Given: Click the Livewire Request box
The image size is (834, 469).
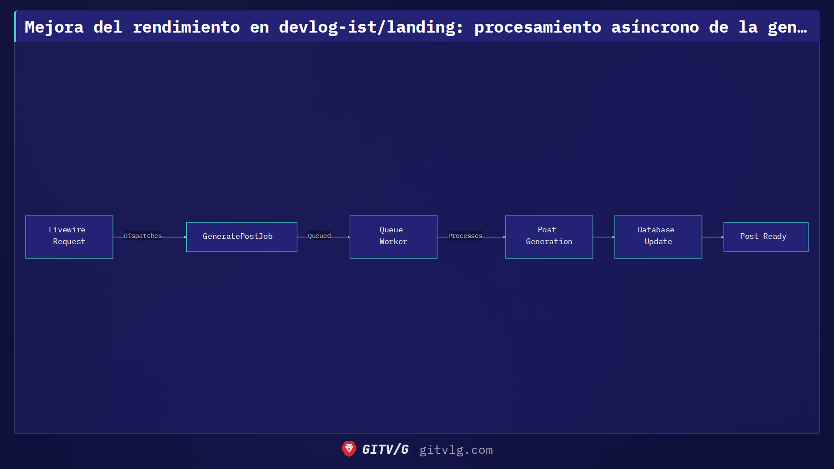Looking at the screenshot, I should tap(69, 237).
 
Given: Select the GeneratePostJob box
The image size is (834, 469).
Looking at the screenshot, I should tap(242, 237).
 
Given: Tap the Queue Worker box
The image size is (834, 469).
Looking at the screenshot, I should tap(393, 237).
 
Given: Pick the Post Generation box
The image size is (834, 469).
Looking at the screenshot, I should tap(549, 237).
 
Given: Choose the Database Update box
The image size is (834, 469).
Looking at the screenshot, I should tap(658, 237).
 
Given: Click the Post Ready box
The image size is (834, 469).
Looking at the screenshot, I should tap(766, 237).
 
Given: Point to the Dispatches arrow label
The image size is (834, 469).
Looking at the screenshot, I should tap(142, 236).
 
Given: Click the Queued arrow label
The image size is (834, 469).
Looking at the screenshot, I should tap(319, 236).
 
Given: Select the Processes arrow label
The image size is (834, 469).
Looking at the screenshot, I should tap(465, 236).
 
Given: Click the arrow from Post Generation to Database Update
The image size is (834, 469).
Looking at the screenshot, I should tap(604, 237).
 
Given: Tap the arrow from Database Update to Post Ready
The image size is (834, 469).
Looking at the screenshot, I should tap(713, 237).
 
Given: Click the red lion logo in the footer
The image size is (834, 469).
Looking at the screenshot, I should tap(349, 449).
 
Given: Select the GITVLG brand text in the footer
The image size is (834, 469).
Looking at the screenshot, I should tap(385, 449).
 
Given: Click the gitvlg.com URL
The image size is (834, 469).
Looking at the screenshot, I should tap(456, 450).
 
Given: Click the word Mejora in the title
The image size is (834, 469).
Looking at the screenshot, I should tap(54, 27).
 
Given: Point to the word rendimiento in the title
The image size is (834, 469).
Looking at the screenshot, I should tap(186, 27).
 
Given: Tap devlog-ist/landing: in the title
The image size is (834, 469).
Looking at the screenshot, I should tap(371, 27).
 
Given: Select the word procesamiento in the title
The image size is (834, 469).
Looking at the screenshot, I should tap(538, 27).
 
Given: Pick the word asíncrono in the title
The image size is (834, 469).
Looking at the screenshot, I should tap(655, 27).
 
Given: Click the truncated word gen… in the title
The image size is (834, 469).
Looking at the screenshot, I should tap(787, 27).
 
